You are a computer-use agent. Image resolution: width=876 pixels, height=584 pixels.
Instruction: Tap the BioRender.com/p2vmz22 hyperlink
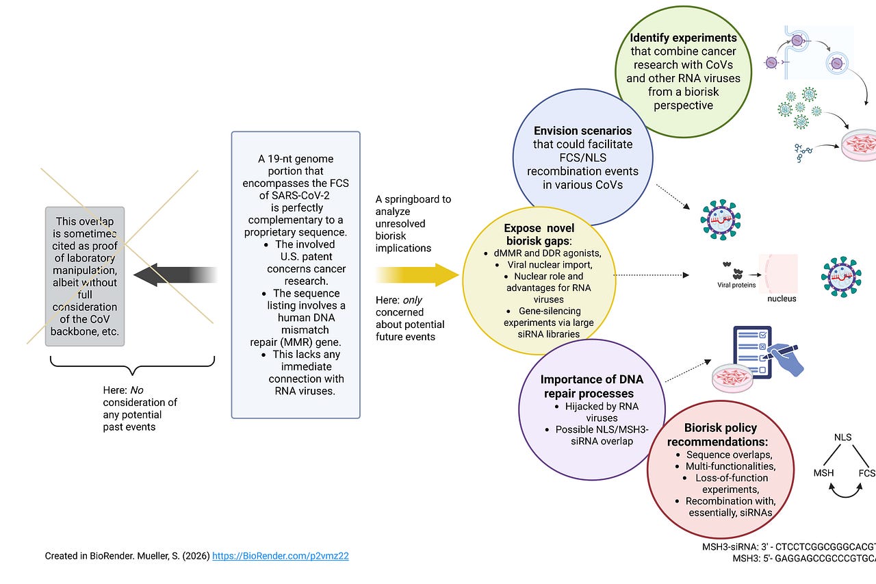click(281, 556)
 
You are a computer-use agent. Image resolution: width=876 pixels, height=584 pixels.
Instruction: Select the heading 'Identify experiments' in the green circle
click(683, 38)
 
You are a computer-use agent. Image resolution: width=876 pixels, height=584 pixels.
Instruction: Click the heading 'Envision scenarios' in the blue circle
click(582, 130)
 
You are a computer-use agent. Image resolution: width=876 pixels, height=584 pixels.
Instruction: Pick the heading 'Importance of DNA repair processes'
click(592, 386)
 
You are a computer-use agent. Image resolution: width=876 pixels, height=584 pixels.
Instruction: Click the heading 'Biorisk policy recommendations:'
click(721, 435)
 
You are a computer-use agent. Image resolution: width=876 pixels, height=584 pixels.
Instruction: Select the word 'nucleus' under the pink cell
click(782, 299)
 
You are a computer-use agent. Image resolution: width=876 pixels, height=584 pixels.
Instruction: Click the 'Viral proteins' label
click(736, 285)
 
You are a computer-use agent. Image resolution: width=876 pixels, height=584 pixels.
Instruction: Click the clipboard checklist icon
click(749, 349)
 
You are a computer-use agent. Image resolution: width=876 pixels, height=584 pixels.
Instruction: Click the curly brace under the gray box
click(133, 364)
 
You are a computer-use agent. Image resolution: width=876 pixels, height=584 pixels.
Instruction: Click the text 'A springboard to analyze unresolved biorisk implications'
click(413, 224)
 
